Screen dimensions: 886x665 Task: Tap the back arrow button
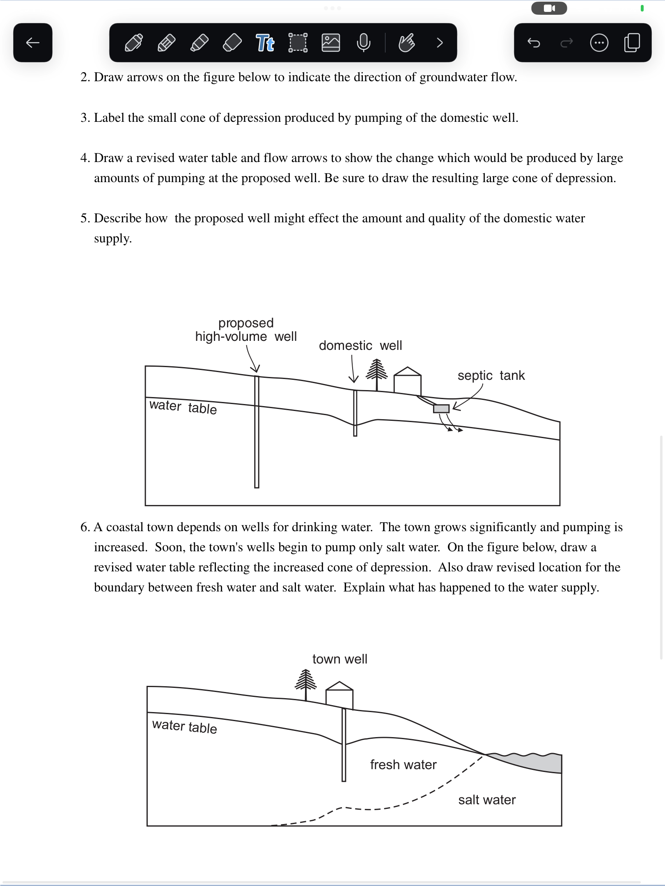(x=33, y=43)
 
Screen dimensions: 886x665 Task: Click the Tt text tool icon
(x=265, y=43)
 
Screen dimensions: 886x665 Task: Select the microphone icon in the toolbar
(x=364, y=43)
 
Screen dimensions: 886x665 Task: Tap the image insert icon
(x=331, y=43)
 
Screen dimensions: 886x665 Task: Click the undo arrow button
(x=534, y=43)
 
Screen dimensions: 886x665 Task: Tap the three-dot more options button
(x=599, y=43)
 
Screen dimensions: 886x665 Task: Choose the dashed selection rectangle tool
(x=298, y=43)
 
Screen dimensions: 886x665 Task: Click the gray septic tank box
(x=441, y=409)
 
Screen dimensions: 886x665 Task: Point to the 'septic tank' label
(x=491, y=375)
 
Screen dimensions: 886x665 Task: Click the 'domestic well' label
(x=360, y=345)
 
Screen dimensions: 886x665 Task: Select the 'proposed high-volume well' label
(x=246, y=330)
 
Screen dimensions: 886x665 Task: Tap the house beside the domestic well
(x=407, y=381)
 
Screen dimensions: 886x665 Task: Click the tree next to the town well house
(x=306, y=683)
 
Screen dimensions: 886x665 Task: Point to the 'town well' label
(x=340, y=659)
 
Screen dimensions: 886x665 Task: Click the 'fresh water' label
(x=403, y=765)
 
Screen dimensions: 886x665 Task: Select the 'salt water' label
(x=487, y=800)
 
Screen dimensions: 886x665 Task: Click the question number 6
(x=85, y=527)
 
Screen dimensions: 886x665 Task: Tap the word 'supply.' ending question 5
(x=113, y=238)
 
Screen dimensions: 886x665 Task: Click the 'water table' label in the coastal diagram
(x=184, y=727)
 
